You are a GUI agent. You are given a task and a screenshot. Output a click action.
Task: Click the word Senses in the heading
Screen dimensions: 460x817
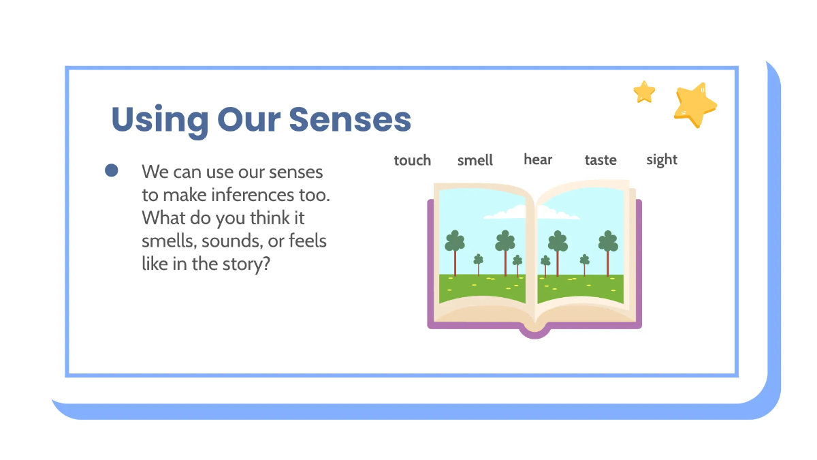coord(350,119)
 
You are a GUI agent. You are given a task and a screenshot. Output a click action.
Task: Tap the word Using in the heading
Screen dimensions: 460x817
coord(160,121)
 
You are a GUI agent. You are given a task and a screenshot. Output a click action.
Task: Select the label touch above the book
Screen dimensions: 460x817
coord(413,160)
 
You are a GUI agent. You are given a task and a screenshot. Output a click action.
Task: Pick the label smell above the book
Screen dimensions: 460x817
coord(475,160)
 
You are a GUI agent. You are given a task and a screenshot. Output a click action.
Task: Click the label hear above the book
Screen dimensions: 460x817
coord(538,159)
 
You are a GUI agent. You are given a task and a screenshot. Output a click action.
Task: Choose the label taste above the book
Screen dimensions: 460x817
coord(600,160)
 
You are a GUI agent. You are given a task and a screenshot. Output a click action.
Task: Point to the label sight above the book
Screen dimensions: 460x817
coord(662,160)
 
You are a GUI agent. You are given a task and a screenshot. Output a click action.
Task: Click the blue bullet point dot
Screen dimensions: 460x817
coord(112,170)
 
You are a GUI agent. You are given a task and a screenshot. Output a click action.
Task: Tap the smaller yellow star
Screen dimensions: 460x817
coord(644,91)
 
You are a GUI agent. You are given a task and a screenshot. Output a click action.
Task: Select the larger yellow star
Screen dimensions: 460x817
coord(694,105)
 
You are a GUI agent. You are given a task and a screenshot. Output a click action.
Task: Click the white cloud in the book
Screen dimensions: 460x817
coord(507,213)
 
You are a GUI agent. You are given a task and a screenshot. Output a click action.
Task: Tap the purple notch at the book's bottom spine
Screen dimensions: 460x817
coord(534,332)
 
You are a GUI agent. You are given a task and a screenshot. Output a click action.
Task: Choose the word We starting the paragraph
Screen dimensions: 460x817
coord(153,172)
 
